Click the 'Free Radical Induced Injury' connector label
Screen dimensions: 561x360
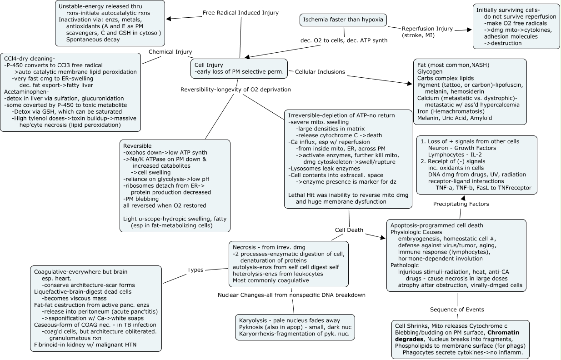(x=240, y=13)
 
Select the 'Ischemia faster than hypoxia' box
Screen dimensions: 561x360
(x=343, y=20)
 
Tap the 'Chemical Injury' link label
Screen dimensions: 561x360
(x=170, y=52)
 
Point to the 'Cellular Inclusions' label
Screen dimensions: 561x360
(x=320, y=72)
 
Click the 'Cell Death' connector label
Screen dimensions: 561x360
(x=349, y=230)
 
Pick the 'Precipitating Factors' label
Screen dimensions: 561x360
(x=461, y=204)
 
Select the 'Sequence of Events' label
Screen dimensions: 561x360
(x=457, y=310)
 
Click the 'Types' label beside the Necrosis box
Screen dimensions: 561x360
(x=195, y=270)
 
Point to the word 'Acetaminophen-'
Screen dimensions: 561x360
(x=26, y=92)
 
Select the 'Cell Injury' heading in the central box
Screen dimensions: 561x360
(x=209, y=65)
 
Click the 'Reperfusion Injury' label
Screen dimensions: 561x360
(x=427, y=29)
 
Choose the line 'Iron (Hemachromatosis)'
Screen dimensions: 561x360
(x=451, y=111)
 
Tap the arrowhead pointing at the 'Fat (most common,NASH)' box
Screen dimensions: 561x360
(x=410, y=84)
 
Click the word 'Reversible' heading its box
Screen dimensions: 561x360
(x=137, y=146)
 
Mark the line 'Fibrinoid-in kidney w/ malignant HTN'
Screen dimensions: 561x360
(x=85, y=345)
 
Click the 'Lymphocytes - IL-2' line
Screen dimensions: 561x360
(x=455, y=155)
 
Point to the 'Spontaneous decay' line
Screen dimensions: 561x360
(x=93, y=40)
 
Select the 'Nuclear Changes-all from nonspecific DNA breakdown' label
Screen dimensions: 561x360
(x=291, y=295)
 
